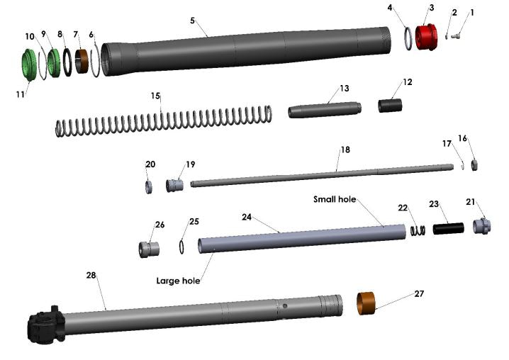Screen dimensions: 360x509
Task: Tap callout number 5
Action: [x=193, y=20]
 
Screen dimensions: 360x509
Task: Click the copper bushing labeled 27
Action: [x=365, y=302]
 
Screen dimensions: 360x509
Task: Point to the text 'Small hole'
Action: [x=334, y=199]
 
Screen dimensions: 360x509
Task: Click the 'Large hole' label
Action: [x=178, y=280]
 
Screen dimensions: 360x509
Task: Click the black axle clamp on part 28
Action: [x=45, y=328]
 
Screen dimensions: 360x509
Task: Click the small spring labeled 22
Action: [x=418, y=230]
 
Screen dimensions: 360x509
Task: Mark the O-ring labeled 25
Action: [x=183, y=247]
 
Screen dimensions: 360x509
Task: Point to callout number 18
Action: [x=345, y=150]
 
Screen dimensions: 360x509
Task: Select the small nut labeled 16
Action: [x=477, y=164]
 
